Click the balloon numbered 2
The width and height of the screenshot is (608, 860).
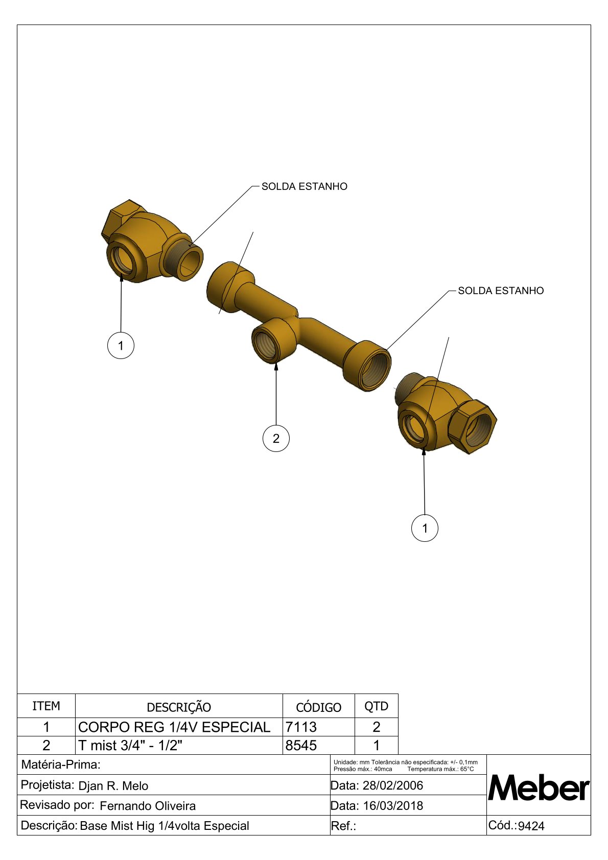[276, 438]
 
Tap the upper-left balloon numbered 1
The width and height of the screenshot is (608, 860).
[121, 346]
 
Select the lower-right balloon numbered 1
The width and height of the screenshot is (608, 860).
[425, 528]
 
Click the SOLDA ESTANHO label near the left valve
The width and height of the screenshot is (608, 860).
[304, 186]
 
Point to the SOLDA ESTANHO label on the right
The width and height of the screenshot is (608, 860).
[501, 291]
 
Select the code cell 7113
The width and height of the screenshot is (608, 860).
[301, 727]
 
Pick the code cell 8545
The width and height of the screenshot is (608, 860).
[301, 745]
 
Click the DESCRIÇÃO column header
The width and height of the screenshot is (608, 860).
[179, 706]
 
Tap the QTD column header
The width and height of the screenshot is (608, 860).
[377, 706]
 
